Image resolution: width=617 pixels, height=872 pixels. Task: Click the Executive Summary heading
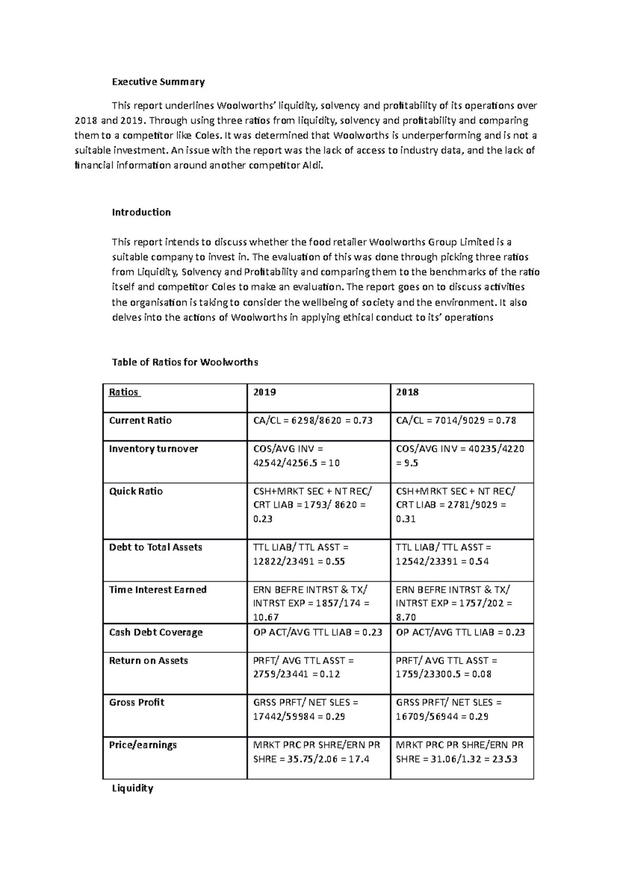[158, 82]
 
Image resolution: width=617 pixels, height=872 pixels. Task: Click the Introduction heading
[141, 212]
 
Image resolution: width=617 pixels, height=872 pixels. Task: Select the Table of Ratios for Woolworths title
[185, 362]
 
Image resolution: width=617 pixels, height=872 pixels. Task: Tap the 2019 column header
[265, 392]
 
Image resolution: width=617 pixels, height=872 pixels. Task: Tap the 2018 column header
[407, 392]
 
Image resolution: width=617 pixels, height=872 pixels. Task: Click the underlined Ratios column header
[124, 392]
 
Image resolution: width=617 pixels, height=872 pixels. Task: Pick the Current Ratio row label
[140, 421]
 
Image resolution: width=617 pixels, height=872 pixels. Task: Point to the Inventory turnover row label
[153, 449]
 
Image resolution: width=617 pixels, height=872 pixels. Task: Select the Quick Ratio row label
[136, 491]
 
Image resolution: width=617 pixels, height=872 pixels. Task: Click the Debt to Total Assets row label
[155, 547]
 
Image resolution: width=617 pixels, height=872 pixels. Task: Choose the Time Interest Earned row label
[157, 590]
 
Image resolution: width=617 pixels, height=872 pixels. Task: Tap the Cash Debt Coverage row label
[156, 633]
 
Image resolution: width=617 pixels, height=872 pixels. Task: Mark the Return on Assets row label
[148, 661]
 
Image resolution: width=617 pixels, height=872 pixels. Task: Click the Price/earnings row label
[142, 745]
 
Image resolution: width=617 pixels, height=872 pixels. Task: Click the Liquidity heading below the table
[133, 788]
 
